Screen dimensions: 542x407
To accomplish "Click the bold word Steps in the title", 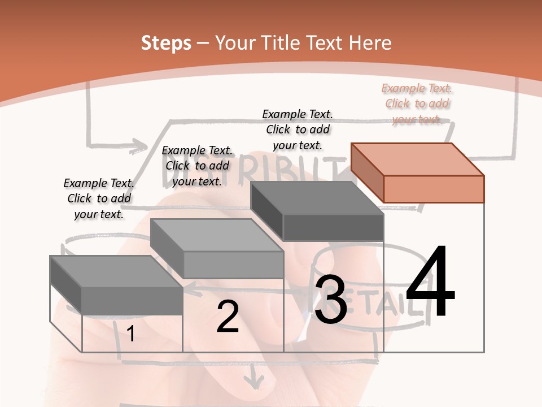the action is [x=166, y=43].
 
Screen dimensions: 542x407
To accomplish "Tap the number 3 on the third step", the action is [x=331, y=300].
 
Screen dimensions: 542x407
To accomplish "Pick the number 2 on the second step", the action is [x=228, y=317].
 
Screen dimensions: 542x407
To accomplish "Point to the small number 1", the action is [x=131, y=334].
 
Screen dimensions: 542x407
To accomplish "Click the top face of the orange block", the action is [x=417, y=159].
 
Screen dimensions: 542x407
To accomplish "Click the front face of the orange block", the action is [x=434, y=189].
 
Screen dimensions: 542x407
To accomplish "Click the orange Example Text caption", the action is [x=417, y=103].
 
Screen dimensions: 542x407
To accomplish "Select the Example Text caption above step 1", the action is [x=99, y=198].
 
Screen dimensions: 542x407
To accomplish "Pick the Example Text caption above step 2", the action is [x=197, y=166].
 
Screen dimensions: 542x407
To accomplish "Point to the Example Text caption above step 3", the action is [x=298, y=129].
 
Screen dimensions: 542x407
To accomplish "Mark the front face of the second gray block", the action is [x=233, y=265].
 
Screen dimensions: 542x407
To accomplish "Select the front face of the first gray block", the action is [x=132, y=301].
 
